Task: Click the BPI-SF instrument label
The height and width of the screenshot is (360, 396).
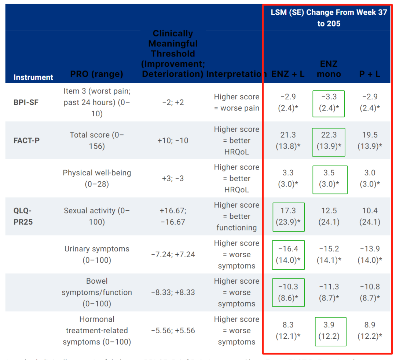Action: [26, 102]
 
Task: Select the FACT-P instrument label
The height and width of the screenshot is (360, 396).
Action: [26, 140]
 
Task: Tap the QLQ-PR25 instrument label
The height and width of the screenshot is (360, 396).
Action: [23, 216]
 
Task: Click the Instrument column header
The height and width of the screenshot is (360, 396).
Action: [33, 77]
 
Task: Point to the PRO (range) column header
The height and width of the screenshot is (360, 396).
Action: [96, 74]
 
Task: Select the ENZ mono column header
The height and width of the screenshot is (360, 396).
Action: [329, 69]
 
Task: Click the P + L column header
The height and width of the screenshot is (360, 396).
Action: [370, 74]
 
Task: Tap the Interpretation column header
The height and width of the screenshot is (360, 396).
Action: [236, 74]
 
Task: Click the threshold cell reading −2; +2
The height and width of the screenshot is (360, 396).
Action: [173, 102]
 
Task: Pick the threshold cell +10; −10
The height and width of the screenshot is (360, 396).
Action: [173, 141]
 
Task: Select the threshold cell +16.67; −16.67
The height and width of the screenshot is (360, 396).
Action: [173, 216]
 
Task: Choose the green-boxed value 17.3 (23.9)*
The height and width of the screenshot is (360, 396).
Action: [288, 217]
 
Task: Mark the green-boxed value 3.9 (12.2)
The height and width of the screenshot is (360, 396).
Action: [330, 331]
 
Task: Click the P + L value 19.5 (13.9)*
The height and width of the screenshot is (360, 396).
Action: [370, 141]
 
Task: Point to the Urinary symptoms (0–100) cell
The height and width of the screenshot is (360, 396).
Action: [97, 254]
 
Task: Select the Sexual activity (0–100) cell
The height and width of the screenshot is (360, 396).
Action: [97, 216]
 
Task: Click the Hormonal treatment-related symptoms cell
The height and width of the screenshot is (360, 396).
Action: [97, 331]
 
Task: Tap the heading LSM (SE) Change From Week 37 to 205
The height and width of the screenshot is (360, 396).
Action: [329, 18]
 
